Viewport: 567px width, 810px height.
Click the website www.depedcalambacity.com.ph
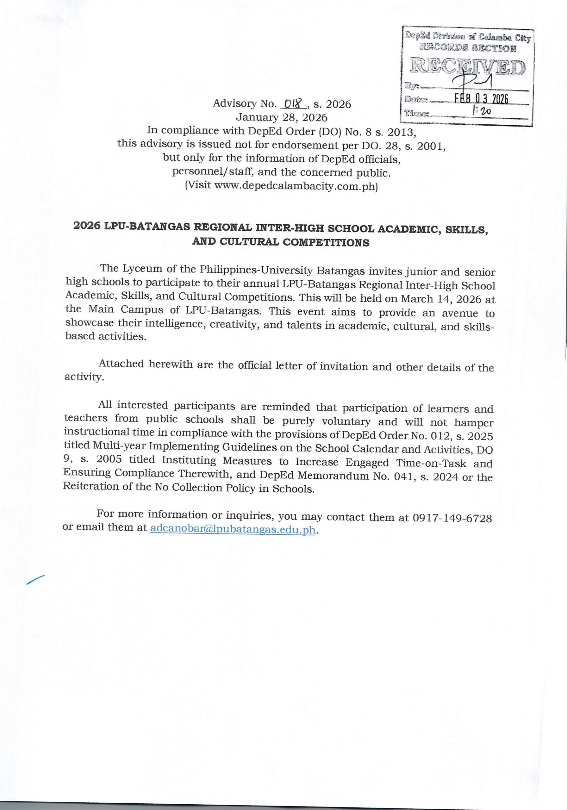[x=294, y=185]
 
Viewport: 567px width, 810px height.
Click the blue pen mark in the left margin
[x=35, y=580]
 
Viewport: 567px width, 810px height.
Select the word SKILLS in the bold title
[x=466, y=229]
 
